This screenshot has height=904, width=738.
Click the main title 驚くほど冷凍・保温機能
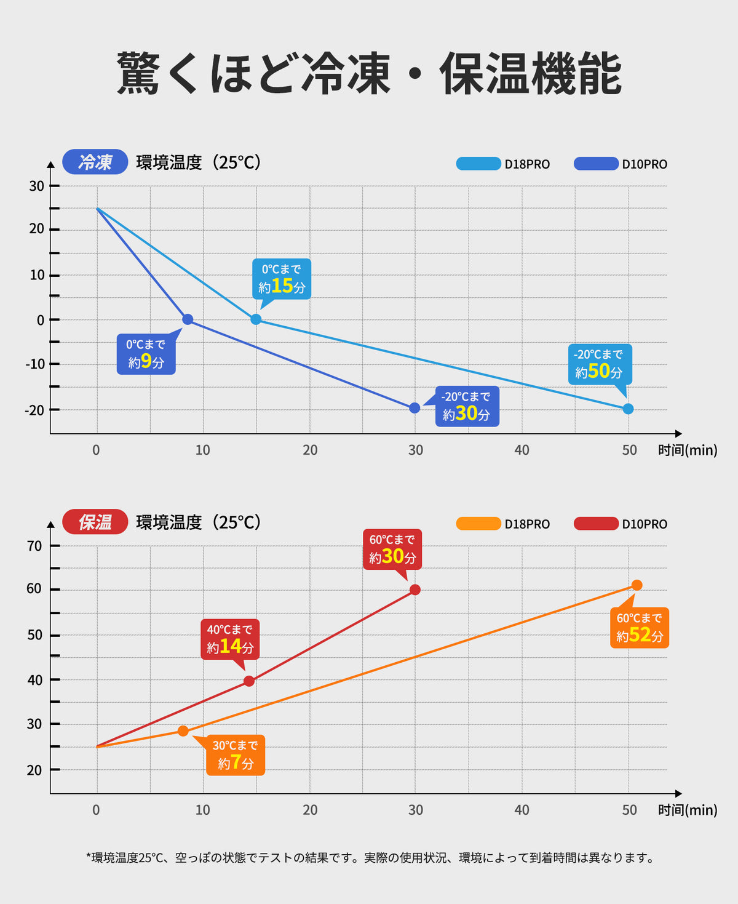(369, 74)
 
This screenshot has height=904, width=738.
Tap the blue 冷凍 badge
(95, 162)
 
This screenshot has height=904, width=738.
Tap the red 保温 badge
(95, 522)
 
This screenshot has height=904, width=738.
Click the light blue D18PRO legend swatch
(478, 164)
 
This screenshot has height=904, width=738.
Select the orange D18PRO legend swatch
(478, 524)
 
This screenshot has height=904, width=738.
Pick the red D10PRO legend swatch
(596, 524)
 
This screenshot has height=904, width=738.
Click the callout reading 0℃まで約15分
(282, 279)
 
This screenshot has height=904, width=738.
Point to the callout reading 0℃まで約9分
(146, 354)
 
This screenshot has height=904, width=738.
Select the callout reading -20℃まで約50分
(600, 364)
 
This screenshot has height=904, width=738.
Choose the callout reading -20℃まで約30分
(467, 406)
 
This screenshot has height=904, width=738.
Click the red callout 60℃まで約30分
(392, 549)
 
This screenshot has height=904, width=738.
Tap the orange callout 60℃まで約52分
(640, 628)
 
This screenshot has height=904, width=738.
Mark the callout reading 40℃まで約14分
(230, 639)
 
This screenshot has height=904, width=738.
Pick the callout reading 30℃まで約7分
(236, 755)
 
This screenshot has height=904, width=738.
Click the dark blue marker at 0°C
(188, 319)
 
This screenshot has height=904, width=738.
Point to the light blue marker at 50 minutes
(628, 409)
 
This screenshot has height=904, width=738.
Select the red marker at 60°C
(415, 590)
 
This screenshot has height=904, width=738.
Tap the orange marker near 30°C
(183, 731)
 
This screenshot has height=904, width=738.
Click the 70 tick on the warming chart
(34, 546)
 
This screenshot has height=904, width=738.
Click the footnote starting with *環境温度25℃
(370, 857)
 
